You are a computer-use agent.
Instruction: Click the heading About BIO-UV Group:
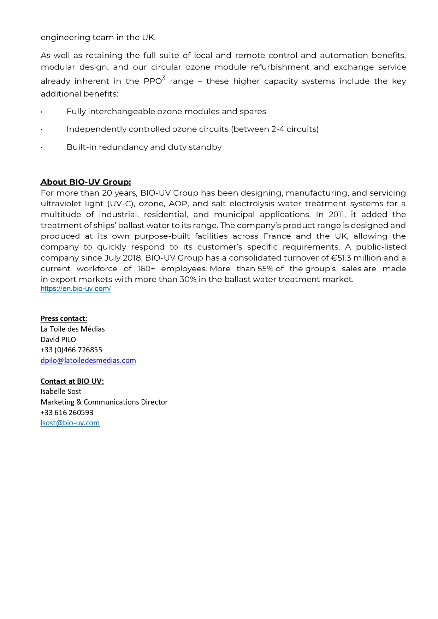(x=85, y=182)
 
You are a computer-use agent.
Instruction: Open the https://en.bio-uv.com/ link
(x=76, y=289)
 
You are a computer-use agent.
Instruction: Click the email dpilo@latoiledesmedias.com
(x=88, y=360)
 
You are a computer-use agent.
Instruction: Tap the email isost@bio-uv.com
(x=70, y=423)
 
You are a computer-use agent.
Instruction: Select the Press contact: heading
(x=64, y=318)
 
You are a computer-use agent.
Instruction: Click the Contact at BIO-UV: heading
(x=72, y=381)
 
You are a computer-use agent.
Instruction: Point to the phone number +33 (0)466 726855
(x=71, y=350)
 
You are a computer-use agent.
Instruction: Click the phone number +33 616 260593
(x=67, y=413)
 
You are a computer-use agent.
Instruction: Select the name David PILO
(x=58, y=340)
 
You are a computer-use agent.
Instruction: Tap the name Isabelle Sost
(x=61, y=392)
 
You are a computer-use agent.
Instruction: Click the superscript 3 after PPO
(x=164, y=78)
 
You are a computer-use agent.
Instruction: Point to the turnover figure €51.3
(x=341, y=258)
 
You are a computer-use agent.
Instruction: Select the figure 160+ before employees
(x=146, y=269)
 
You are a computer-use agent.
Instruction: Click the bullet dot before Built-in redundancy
(x=42, y=147)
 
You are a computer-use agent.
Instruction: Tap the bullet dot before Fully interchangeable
(x=42, y=112)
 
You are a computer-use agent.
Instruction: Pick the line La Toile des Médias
(x=72, y=329)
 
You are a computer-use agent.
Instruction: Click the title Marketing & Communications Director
(x=104, y=402)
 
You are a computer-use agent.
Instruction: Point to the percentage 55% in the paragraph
(x=265, y=269)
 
